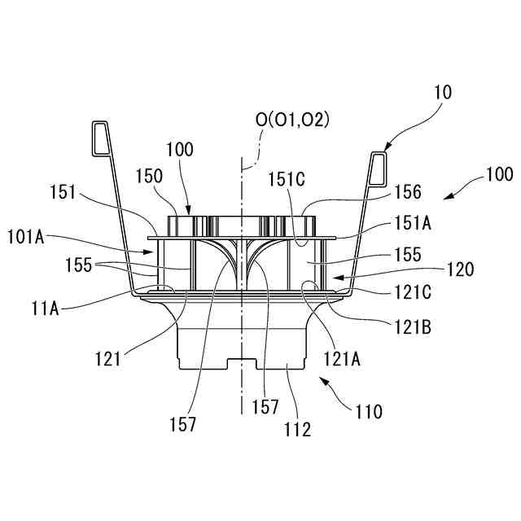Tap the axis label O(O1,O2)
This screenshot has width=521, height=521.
[x=292, y=120]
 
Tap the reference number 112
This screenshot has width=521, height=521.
[x=297, y=430]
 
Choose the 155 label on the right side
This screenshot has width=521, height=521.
[x=405, y=255]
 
